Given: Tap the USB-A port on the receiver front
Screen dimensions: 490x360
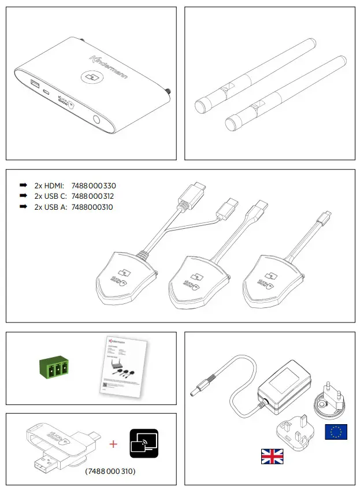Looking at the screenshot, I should pyautogui.click(x=33, y=86).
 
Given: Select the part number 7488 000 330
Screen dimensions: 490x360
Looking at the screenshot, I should pyautogui.click(x=94, y=186).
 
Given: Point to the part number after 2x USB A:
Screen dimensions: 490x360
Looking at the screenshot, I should pyautogui.click(x=92, y=207).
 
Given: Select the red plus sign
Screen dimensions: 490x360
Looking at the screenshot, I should pyautogui.click(x=113, y=444).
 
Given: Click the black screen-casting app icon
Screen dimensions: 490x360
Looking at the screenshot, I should pyautogui.click(x=143, y=444).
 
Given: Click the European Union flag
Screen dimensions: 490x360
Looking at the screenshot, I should pyautogui.click(x=336, y=432).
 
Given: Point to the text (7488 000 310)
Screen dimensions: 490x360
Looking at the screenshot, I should pyautogui.click(x=110, y=472).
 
